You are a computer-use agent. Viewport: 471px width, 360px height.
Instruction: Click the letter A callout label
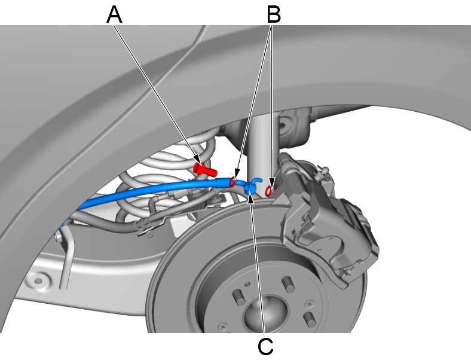click(x=114, y=14)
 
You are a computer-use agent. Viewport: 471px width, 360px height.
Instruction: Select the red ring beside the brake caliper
click(x=270, y=190)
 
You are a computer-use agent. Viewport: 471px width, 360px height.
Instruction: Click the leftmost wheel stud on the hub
click(x=237, y=295)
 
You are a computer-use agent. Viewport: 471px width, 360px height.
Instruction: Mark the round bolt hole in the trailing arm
click(x=40, y=280)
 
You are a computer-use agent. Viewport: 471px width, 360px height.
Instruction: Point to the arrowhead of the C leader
click(x=251, y=198)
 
